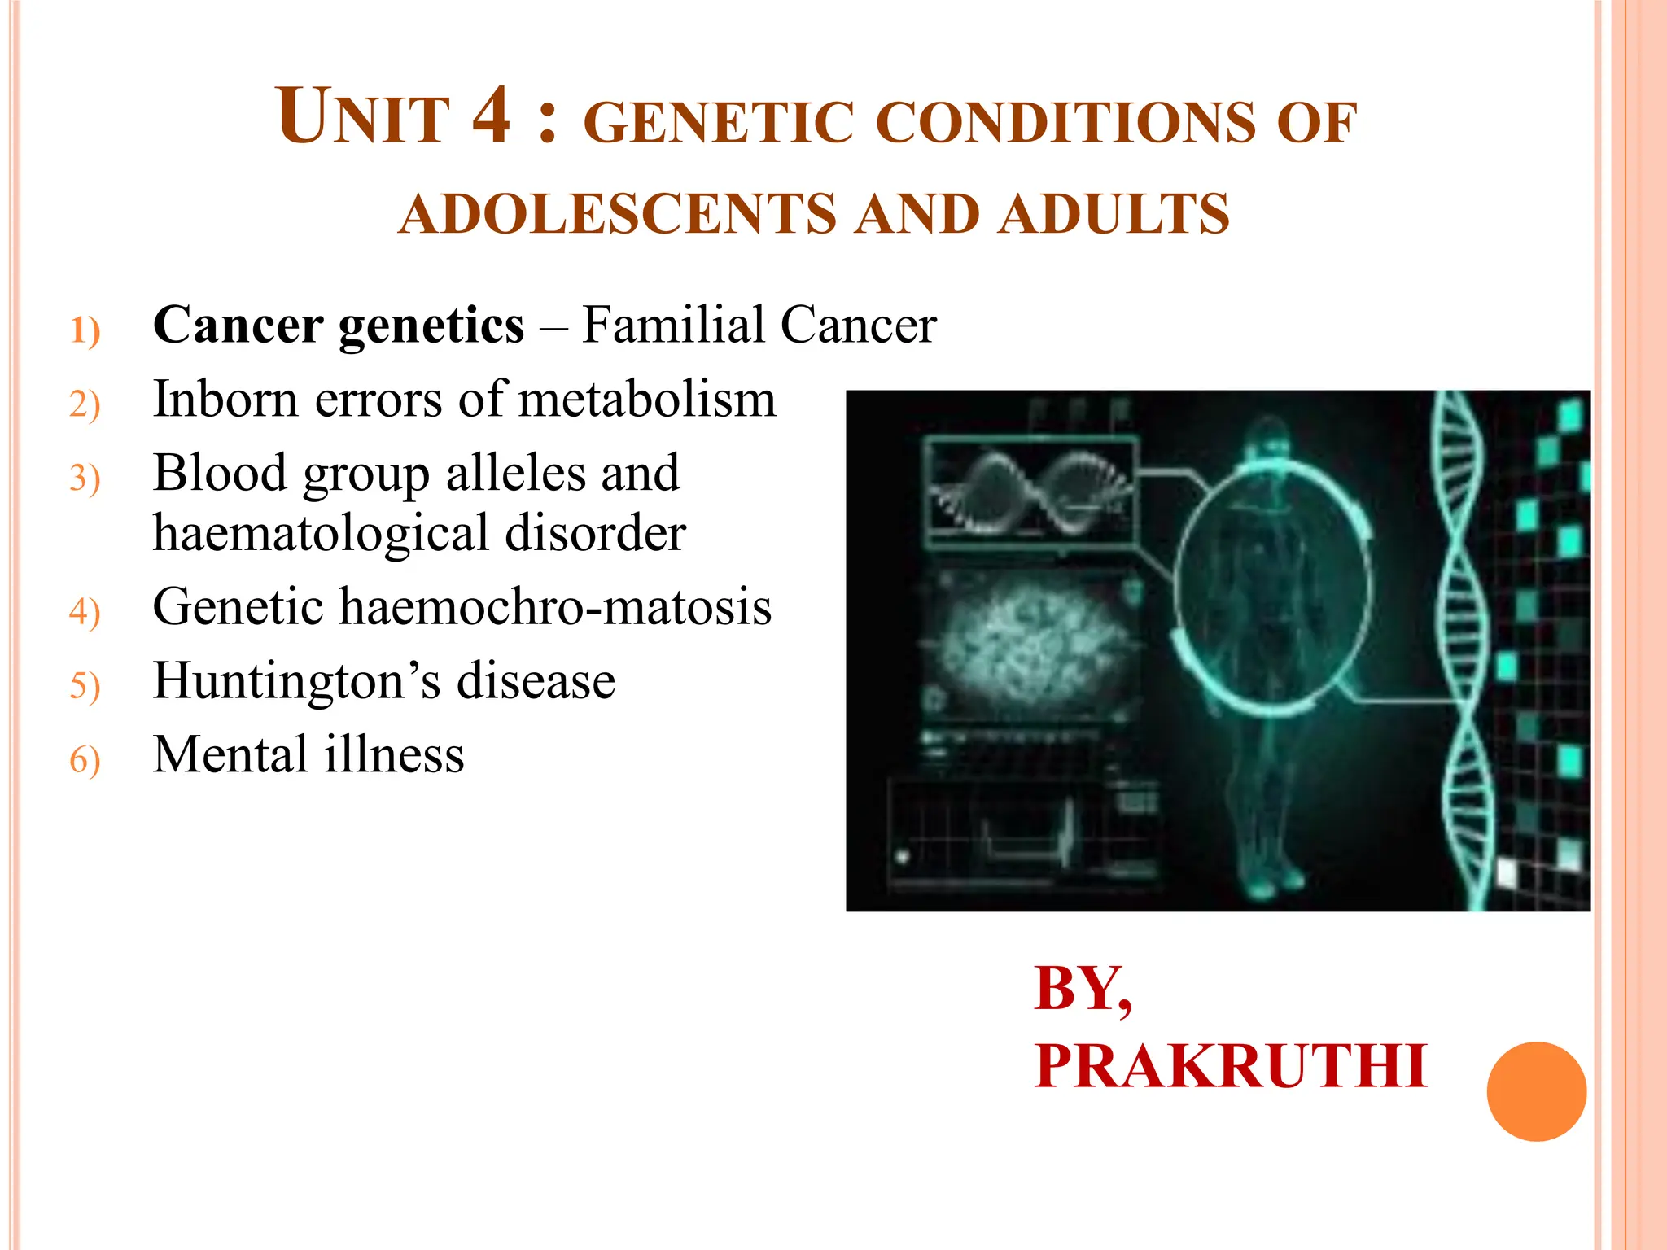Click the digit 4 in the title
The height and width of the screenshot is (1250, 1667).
(492, 116)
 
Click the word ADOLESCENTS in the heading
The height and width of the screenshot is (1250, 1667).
(618, 214)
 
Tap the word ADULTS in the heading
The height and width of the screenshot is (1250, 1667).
(1114, 214)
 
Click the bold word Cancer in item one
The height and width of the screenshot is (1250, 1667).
(238, 325)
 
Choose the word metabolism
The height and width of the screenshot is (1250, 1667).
(647, 400)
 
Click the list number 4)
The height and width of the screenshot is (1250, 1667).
(85, 611)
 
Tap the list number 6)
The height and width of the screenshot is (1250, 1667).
(85, 759)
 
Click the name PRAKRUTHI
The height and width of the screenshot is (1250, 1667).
(1230, 1066)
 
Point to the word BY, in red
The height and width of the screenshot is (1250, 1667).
(1083, 989)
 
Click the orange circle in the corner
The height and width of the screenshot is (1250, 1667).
(1536, 1091)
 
